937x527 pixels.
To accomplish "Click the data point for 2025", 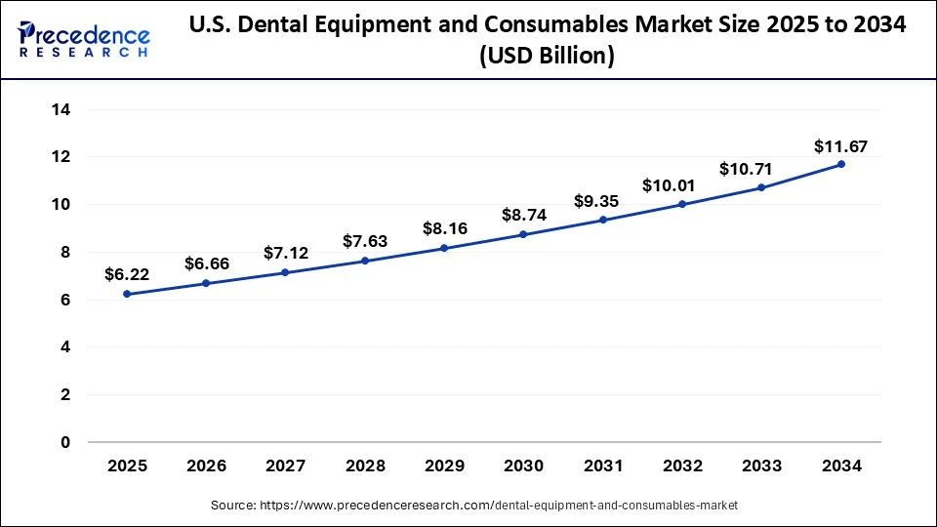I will [127, 294].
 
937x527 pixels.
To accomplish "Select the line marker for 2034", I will [841, 164].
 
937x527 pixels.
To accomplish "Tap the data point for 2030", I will [524, 234].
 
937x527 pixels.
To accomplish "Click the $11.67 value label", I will [840, 147].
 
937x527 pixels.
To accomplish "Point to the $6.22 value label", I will [126, 275].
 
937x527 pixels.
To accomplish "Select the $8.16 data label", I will [444, 228].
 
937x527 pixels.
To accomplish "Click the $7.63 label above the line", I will [365, 241].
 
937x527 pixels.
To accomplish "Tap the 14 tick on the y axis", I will [61, 110].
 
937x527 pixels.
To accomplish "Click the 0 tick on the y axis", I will [65, 442].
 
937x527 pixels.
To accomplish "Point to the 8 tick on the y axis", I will [65, 253].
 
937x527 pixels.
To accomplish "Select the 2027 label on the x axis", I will [285, 466].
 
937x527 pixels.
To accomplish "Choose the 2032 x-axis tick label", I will [682, 466].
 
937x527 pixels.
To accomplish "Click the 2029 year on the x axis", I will [444, 466].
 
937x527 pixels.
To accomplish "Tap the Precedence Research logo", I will [84, 40].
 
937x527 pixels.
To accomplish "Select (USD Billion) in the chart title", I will [546, 57].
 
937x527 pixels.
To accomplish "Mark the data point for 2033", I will [761, 187].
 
